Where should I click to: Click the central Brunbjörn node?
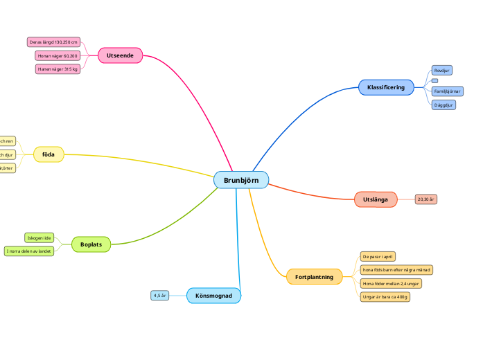tap(241, 180)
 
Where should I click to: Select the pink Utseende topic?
tap(120, 55)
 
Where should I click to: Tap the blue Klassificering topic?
tap(386, 87)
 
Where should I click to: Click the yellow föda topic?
tap(49, 154)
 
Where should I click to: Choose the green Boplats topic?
tap(91, 244)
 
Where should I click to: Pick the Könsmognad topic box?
tap(213, 296)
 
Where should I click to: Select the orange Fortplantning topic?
tap(314, 277)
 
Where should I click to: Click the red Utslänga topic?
tap(376, 199)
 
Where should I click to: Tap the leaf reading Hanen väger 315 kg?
tap(58, 69)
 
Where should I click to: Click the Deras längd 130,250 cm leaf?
tap(53, 42)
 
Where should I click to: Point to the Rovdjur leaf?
tap(442, 71)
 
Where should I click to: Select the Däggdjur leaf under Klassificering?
tap(444, 105)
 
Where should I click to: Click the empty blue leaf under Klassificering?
tap(434, 81)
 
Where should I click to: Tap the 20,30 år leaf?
tap(426, 199)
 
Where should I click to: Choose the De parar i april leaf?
tap(378, 256)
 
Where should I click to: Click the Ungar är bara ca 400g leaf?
tap(385, 296)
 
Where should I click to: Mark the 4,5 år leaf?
tap(160, 296)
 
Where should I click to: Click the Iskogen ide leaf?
tap(39, 237)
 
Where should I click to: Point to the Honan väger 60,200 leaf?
tap(58, 55)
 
